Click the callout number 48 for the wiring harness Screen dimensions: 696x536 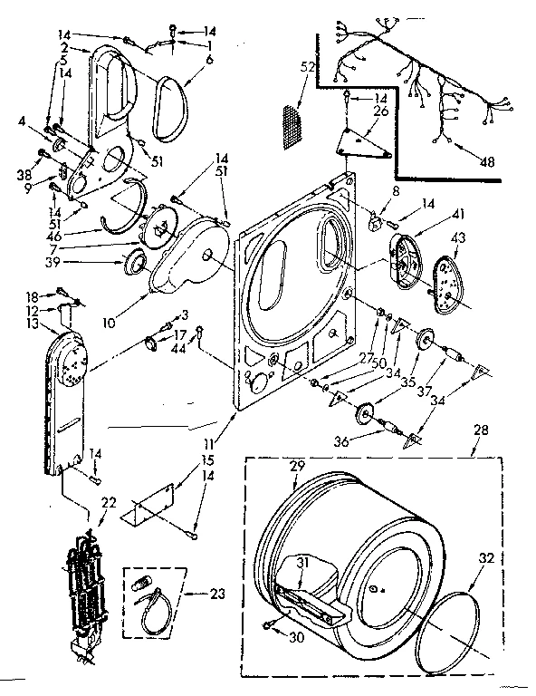[488, 163]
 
